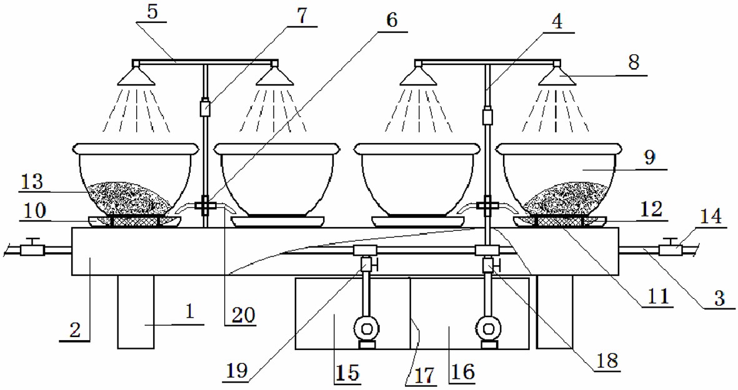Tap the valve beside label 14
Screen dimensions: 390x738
pos(672,248)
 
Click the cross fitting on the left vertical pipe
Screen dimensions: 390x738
pos(204,205)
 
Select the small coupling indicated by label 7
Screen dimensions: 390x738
pos(204,108)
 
